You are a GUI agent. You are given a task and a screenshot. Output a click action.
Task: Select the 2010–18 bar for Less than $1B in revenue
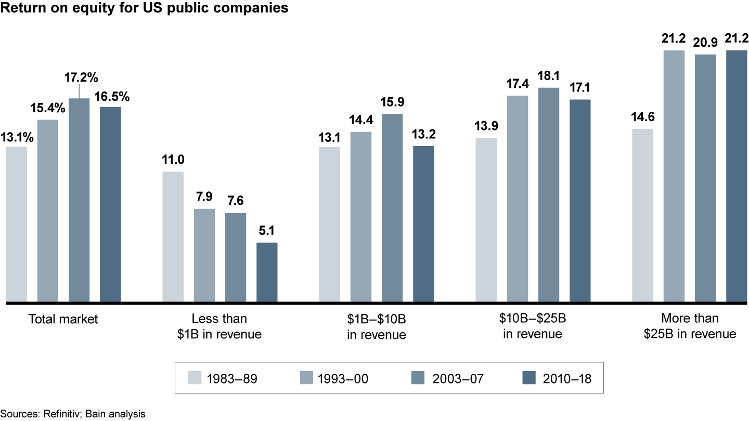(x=267, y=272)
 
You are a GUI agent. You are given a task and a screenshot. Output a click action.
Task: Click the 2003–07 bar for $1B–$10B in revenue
(x=392, y=208)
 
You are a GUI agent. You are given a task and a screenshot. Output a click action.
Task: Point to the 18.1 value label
(x=548, y=76)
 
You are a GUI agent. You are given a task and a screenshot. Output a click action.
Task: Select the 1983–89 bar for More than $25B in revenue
(x=642, y=215)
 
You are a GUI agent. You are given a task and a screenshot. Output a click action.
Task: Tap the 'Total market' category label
(x=63, y=319)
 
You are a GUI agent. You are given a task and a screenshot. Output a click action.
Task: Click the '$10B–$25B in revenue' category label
(x=533, y=326)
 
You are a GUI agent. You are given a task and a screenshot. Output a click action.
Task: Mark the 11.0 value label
(x=173, y=159)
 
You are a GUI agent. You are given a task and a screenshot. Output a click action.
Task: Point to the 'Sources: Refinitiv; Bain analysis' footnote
(x=73, y=414)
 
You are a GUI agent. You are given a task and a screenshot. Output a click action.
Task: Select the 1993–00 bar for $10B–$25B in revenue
(x=518, y=199)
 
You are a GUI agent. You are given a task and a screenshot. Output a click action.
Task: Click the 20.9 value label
(x=705, y=43)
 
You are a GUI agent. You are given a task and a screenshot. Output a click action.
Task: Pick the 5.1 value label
(x=267, y=231)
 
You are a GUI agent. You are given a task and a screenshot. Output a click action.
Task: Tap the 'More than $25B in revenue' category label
(x=690, y=326)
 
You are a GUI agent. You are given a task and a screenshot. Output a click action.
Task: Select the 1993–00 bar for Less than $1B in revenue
(x=204, y=255)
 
